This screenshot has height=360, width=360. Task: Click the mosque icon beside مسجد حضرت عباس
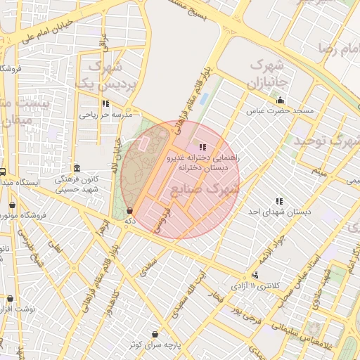coord(281,100)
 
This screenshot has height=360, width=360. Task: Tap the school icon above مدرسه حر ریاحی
coord(105,103)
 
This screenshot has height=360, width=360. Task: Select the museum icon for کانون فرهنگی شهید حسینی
coord(76,168)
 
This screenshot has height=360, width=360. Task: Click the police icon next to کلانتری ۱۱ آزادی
coord(255,275)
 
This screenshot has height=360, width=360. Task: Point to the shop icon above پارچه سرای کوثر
coord(155,334)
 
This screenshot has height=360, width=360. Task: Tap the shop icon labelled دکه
coord(129,211)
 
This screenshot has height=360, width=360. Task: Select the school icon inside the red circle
coord(203,147)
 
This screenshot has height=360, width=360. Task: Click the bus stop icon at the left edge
coord(3,172)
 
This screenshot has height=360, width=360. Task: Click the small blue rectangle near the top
coord(204,98)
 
